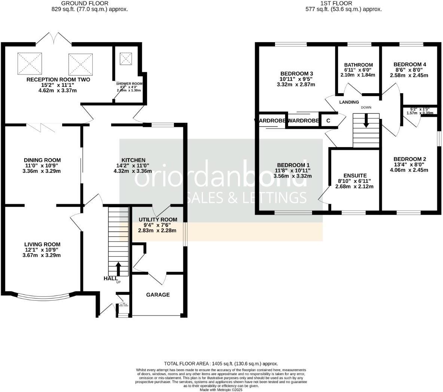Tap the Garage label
tap(158, 295)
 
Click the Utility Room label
tap(158, 220)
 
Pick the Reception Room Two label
tap(58, 80)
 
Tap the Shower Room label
tap(129, 84)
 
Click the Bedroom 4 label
tap(410, 64)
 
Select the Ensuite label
tap(355, 175)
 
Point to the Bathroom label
tap(358, 65)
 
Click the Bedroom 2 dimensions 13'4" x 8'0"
tap(410, 165)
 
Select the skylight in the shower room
tap(126, 58)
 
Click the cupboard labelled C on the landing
tap(328, 121)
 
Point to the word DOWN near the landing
tap(366, 108)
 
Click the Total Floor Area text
tap(221, 364)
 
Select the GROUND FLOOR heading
tap(90, 3)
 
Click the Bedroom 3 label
tap(297, 73)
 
